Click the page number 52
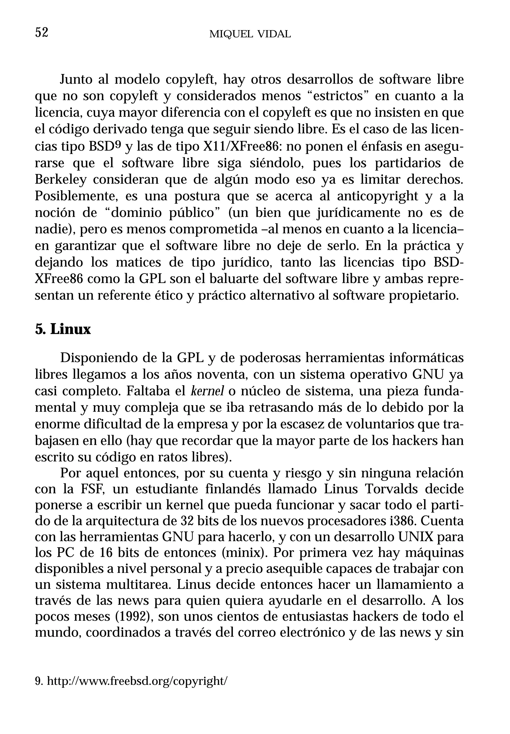[42, 33]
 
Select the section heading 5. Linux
[63, 329]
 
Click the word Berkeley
[61, 180]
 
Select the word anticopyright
[377, 196]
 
